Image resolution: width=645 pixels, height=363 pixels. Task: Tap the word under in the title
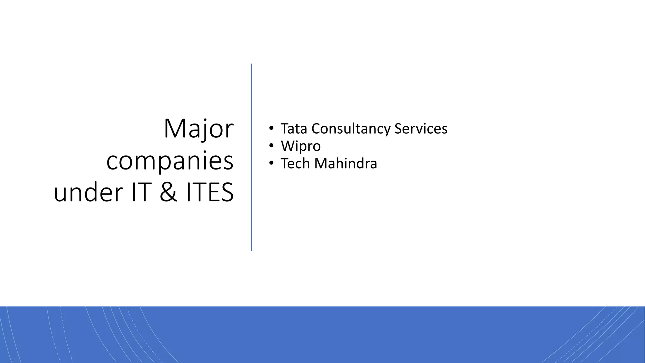(x=88, y=193)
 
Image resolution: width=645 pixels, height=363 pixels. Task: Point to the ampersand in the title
(x=168, y=193)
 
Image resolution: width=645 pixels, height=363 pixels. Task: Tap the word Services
(x=421, y=129)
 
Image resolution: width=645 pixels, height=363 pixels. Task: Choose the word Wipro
(x=301, y=146)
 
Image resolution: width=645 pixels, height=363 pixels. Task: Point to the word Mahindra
(x=345, y=164)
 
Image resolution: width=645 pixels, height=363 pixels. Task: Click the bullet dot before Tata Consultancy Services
(x=271, y=129)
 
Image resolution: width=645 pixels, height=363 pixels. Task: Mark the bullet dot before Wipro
(x=271, y=146)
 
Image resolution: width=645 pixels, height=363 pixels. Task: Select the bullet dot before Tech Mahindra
(x=271, y=163)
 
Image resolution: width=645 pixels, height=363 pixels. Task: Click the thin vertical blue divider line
(x=251, y=158)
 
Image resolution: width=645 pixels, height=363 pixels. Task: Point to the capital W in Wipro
(x=288, y=146)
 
